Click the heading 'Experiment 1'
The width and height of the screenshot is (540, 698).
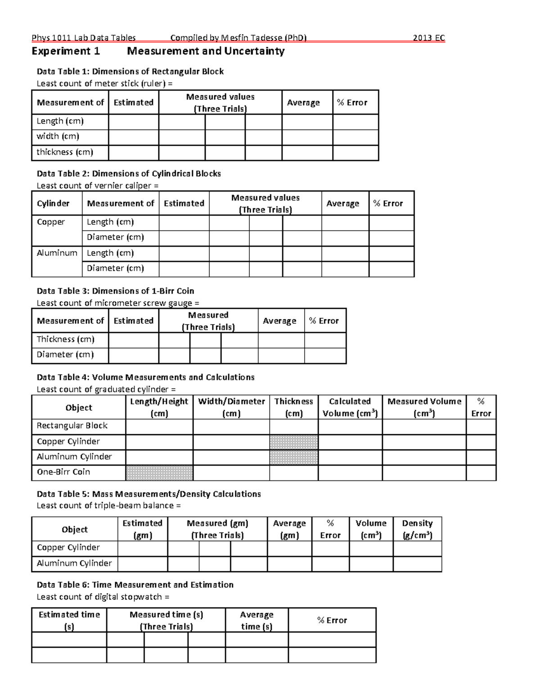pyautogui.click(x=66, y=51)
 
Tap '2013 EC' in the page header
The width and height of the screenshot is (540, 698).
pyautogui.click(x=428, y=38)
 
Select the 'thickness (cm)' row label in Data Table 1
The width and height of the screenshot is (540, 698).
pyautogui.click(x=65, y=152)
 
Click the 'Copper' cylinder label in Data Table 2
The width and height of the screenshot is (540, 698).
pyautogui.click(x=51, y=222)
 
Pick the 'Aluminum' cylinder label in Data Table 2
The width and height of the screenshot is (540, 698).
pyautogui.click(x=57, y=253)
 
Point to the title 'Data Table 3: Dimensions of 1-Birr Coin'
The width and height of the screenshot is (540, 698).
pyautogui.click(x=115, y=291)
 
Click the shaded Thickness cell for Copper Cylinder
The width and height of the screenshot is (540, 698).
pyautogui.click(x=293, y=442)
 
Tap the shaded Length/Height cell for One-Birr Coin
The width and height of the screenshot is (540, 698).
pyautogui.click(x=159, y=473)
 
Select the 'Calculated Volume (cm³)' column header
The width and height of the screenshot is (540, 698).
pyautogui.click(x=350, y=407)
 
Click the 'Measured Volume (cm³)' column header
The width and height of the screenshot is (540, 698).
pyautogui.click(x=424, y=407)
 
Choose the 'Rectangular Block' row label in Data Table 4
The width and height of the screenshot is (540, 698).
pyautogui.click(x=72, y=426)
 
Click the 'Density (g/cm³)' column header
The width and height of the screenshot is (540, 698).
pyautogui.click(x=417, y=529)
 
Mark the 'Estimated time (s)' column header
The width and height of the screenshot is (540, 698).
pyautogui.click(x=69, y=620)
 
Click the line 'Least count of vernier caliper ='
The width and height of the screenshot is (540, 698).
pyautogui.click(x=98, y=186)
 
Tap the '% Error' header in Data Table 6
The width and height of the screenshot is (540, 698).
pyautogui.click(x=332, y=620)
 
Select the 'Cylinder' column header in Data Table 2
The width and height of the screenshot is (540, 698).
pyautogui.click(x=53, y=204)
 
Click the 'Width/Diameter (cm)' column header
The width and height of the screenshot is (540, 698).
pyautogui.click(x=231, y=407)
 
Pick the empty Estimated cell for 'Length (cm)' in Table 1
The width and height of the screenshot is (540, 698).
pyautogui.click(x=133, y=122)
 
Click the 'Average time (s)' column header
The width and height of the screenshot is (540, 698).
pyautogui.click(x=256, y=620)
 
